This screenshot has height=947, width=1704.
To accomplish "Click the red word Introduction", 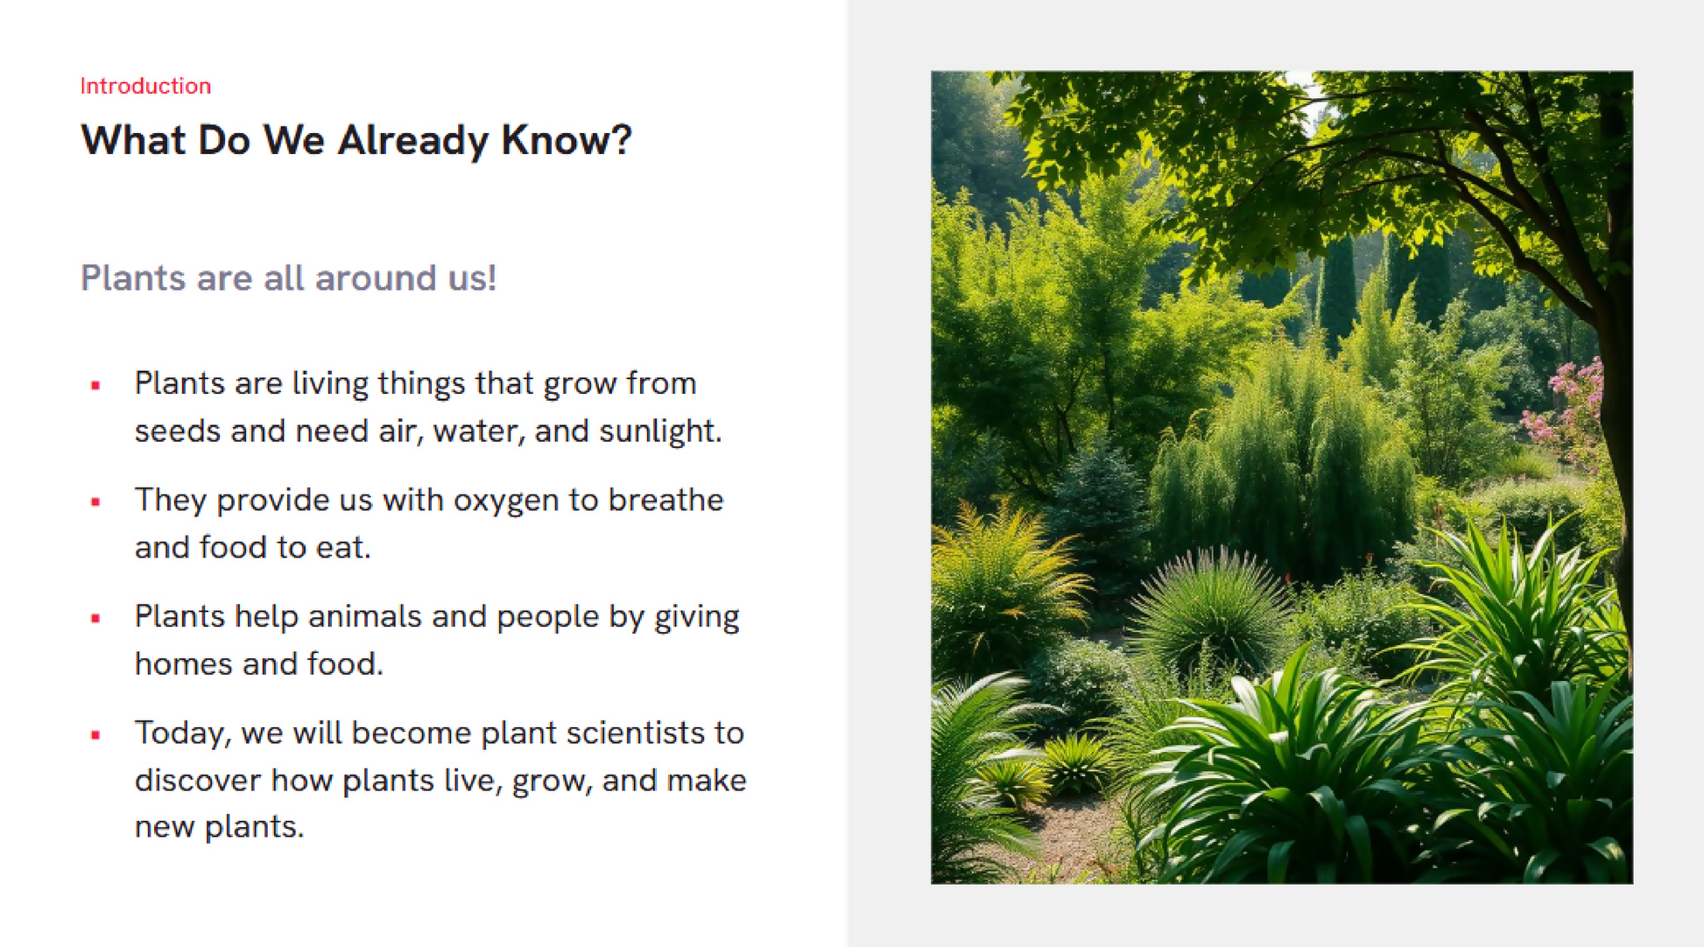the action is (145, 86).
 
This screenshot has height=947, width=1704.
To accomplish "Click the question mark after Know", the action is (621, 139).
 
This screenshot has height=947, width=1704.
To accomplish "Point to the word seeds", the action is (178, 431).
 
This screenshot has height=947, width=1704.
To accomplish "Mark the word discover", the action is (198, 780).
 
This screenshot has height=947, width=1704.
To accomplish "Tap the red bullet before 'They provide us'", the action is (95, 502).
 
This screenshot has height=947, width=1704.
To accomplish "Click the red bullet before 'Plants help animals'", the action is (95, 619).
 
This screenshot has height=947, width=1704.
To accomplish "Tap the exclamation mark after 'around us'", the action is (492, 278).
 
